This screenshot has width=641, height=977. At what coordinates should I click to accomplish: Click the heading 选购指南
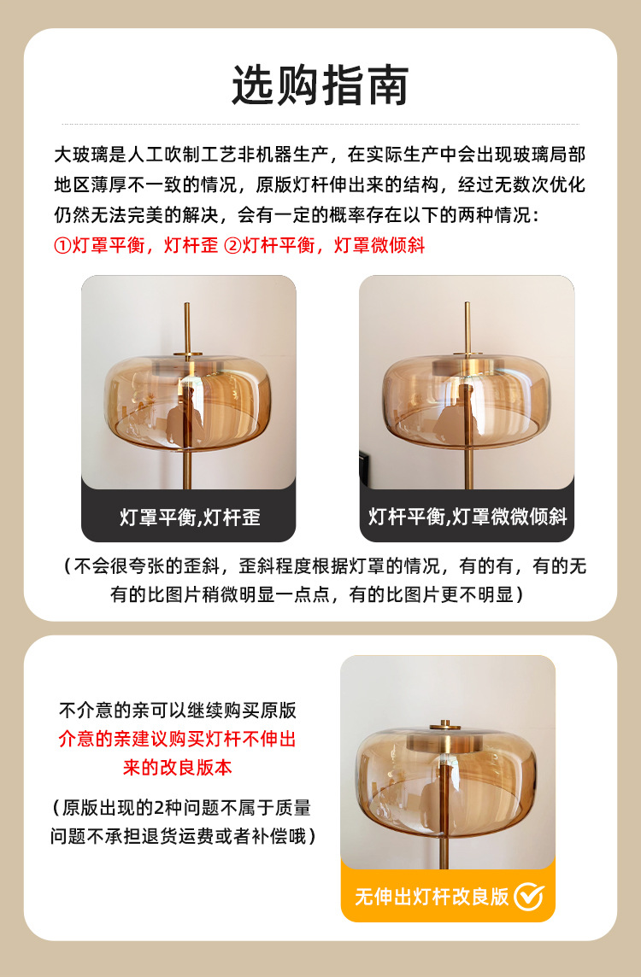(x=320, y=85)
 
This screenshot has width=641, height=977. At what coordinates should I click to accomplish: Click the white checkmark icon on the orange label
(x=529, y=897)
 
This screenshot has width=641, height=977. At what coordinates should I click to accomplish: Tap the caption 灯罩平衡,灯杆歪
(x=190, y=518)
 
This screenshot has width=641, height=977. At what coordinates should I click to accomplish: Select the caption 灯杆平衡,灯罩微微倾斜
(x=467, y=517)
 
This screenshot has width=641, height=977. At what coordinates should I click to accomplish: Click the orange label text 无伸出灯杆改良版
(x=432, y=897)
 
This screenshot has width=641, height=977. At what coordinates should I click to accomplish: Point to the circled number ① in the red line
(x=63, y=245)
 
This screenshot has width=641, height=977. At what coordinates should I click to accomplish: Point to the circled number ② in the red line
(x=232, y=245)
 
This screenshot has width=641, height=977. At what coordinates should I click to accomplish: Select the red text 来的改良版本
(x=177, y=767)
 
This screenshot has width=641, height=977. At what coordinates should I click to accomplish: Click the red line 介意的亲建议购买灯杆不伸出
(x=177, y=739)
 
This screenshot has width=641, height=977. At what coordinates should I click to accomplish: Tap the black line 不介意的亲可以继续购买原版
(x=177, y=711)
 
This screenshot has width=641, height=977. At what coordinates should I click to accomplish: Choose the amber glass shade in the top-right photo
(x=467, y=399)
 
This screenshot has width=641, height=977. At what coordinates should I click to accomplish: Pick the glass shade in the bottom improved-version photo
(x=446, y=782)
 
